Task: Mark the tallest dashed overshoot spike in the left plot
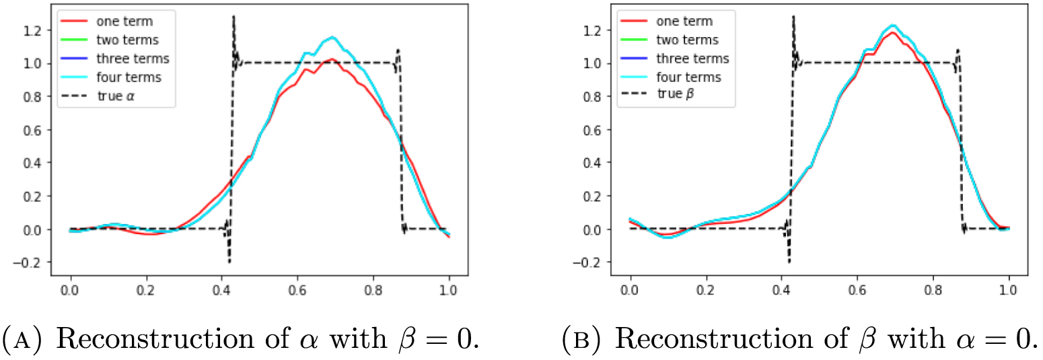[x=233, y=16]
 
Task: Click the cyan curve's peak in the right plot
[x=875, y=26]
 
